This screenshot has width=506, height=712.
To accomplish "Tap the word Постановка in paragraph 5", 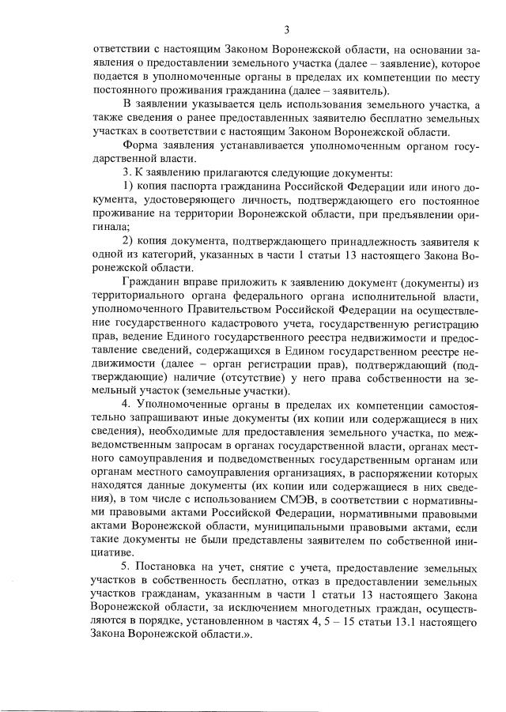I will pos(172,568).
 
